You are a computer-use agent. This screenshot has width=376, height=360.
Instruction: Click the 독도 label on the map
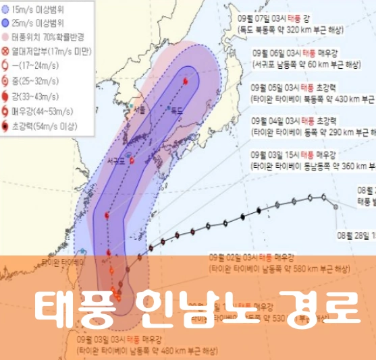point(177,109)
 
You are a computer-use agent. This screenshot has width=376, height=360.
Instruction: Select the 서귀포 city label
point(117,161)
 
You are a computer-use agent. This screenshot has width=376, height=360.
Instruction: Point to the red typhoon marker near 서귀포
point(132,160)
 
